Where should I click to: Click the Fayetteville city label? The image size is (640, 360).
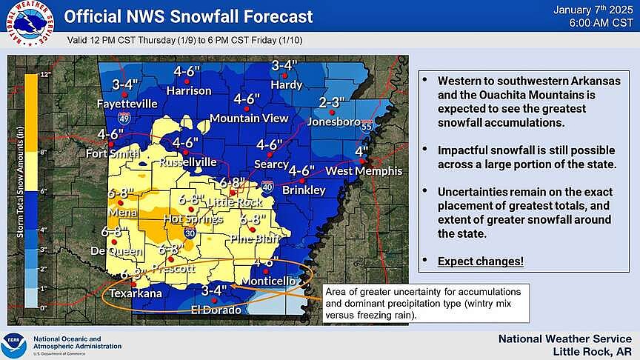(127, 104)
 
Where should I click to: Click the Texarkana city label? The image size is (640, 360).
(134, 293)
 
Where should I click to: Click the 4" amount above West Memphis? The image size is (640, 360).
(362, 153)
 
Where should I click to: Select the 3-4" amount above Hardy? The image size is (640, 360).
(285, 66)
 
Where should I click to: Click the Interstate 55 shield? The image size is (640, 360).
(367, 127)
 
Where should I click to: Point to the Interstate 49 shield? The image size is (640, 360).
(125, 118)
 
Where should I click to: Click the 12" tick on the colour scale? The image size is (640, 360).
(44, 75)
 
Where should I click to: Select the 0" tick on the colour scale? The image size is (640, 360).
(44, 307)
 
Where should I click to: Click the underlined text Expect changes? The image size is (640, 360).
(480, 261)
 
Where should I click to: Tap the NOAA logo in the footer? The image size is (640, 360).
(12, 344)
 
